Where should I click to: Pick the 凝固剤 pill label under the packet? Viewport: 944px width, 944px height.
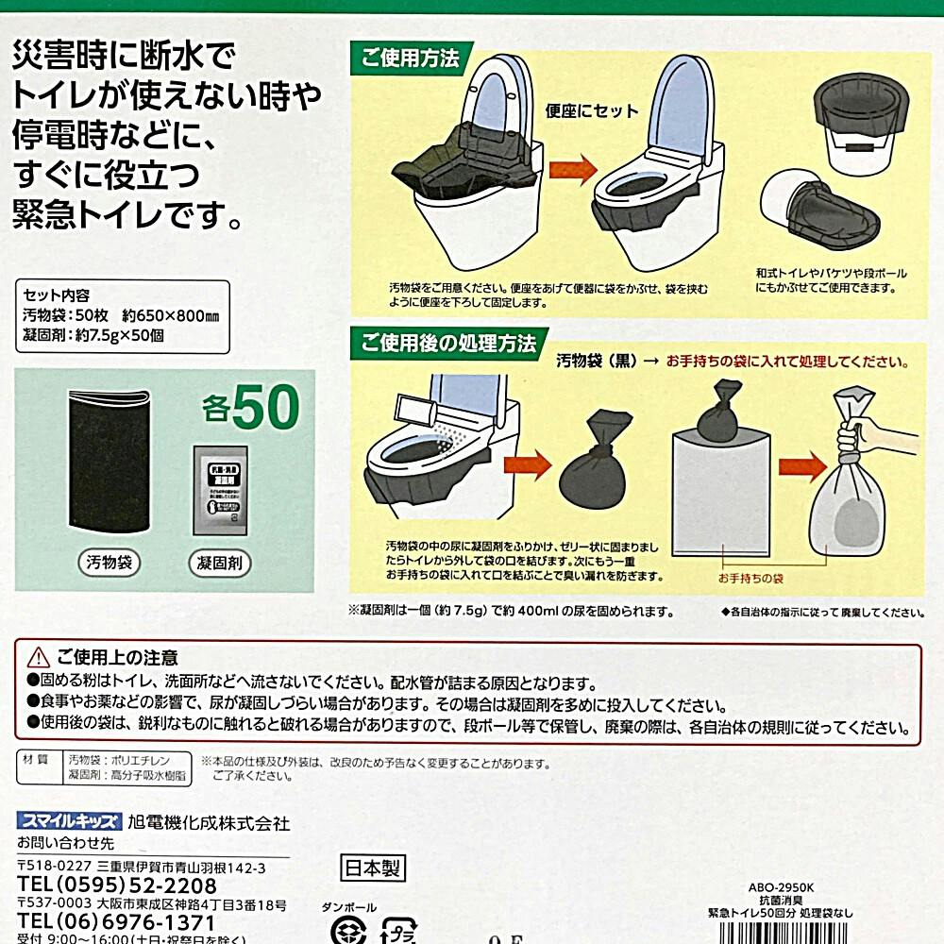click(221, 565)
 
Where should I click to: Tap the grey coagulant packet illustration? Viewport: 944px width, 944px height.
click(220, 492)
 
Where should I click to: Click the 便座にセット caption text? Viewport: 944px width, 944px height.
click(592, 110)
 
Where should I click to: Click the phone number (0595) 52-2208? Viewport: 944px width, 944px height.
click(118, 886)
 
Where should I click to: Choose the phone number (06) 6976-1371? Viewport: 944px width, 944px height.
click(118, 922)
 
